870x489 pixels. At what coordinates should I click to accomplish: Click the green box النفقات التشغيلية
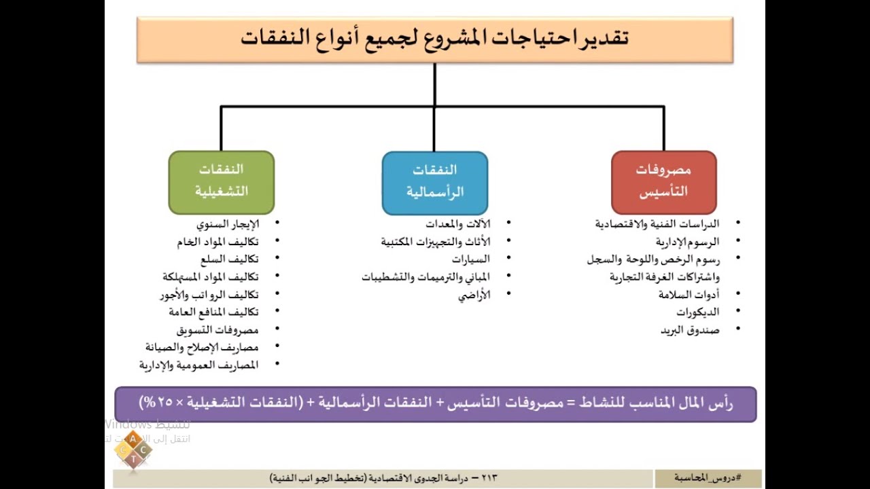[x=222, y=182]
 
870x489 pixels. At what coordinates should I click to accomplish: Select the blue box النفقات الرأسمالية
[x=435, y=182]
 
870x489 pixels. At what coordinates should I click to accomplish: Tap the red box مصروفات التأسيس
[x=663, y=182]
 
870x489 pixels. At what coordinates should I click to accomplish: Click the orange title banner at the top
[x=435, y=39]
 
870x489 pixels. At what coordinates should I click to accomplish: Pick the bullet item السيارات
[x=471, y=259]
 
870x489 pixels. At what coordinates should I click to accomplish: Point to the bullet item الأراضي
[x=474, y=295]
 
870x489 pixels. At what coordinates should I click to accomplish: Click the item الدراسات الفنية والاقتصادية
[x=657, y=223]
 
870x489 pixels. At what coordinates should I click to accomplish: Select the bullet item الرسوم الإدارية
[x=687, y=241]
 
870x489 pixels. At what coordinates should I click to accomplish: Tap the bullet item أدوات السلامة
[x=689, y=294]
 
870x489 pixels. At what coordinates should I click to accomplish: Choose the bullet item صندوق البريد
[x=690, y=330]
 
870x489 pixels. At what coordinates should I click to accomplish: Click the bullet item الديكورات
[x=697, y=312]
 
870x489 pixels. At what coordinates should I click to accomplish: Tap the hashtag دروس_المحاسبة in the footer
[x=708, y=477]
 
